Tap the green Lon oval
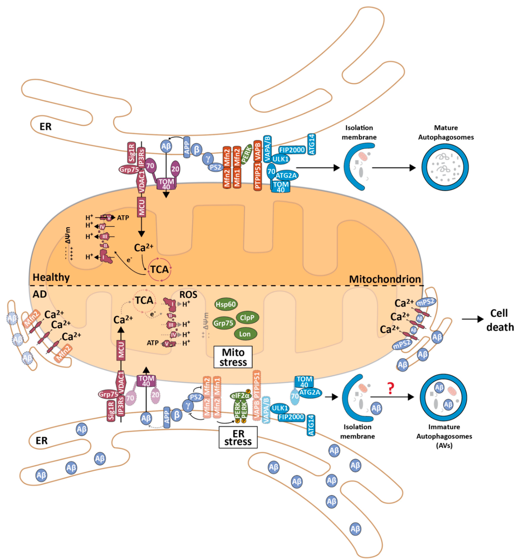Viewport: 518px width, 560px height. pos(245,334)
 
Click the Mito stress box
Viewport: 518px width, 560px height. pos(233,357)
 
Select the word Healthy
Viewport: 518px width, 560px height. pos(51,277)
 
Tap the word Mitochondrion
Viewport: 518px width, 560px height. pos(385,279)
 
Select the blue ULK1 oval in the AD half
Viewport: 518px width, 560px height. pos(280,408)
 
